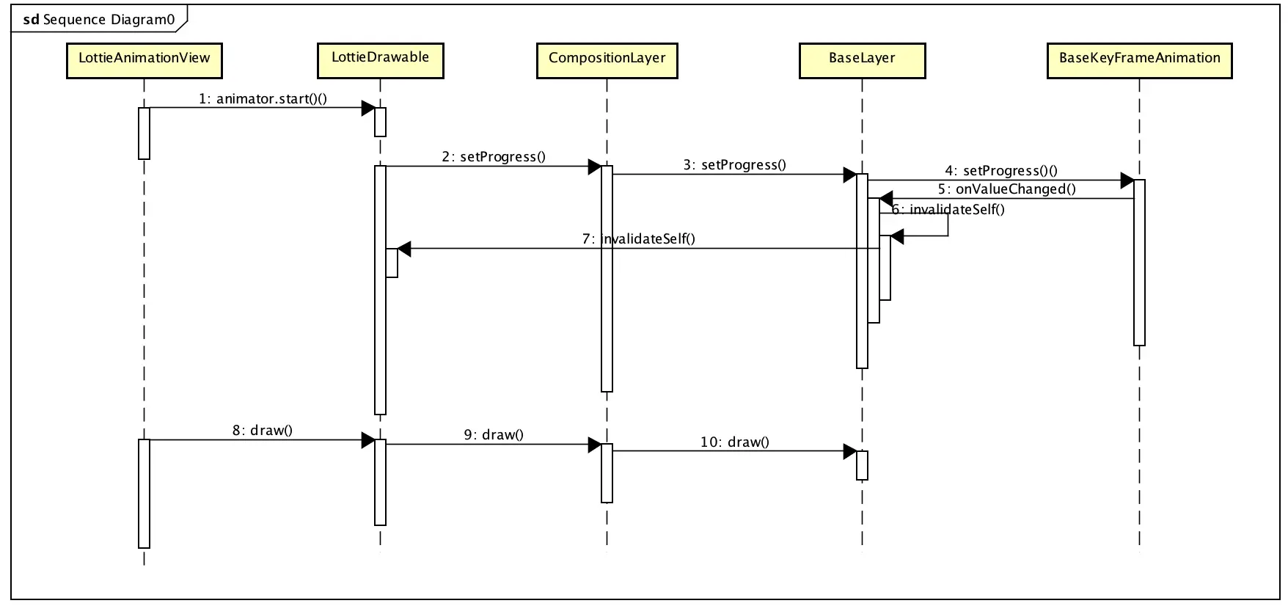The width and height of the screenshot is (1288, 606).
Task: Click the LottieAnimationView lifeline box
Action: click(x=144, y=60)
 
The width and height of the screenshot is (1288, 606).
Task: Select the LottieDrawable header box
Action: click(x=380, y=60)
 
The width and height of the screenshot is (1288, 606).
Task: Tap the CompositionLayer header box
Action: click(x=607, y=60)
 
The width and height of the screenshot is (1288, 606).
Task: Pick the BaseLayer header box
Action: click(x=862, y=60)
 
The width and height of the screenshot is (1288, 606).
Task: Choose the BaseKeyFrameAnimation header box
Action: click(x=1139, y=60)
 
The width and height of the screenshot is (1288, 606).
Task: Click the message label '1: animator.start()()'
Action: click(x=263, y=99)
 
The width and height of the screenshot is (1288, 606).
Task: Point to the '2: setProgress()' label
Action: click(x=494, y=157)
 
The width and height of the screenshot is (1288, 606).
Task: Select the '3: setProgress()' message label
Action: click(x=734, y=165)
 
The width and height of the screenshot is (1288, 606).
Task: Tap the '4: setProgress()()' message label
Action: click(x=1001, y=171)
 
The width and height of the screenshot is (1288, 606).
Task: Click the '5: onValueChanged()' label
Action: click(x=1006, y=189)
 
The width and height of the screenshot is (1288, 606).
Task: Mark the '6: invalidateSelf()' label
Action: click(x=948, y=210)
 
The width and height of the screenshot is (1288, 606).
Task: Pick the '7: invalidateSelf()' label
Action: click(x=638, y=239)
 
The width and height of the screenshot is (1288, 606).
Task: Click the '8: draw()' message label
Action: click(x=263, y=431)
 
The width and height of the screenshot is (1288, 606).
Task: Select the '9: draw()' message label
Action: click(x=494, y=435)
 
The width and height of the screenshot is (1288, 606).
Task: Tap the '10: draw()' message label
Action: click(x=734, y=442)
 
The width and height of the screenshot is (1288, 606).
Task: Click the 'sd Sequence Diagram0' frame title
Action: click(x=100, y=20)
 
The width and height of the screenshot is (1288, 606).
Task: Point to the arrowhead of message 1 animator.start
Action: click(x=368, y=108)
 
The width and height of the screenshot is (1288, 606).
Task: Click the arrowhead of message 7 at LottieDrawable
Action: click(x=404, y=249)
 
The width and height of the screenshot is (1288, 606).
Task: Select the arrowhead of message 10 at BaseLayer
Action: click(x=850, y=451)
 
